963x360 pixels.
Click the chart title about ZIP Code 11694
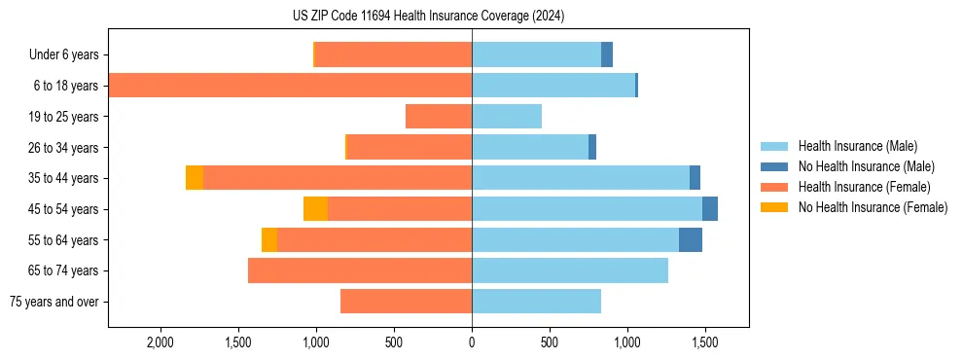[428, 16]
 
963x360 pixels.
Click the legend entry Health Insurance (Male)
[856, 146]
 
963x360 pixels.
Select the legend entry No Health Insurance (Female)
[873, 207]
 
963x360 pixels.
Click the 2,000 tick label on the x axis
[160, 343]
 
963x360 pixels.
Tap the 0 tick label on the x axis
[472, 343]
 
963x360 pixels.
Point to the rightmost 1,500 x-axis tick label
[705, 343]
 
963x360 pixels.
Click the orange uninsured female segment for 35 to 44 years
[195, 178]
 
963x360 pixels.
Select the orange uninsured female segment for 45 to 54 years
[315, 209]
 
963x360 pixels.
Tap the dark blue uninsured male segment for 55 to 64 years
[691, 239]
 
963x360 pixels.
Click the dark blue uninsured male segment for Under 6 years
[607, 55]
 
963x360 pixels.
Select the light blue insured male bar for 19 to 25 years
[507, 117]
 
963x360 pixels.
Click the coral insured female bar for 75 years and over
[406, 302]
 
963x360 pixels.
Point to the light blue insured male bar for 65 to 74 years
[570, 270]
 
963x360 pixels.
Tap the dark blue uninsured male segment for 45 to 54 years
[710, 209]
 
